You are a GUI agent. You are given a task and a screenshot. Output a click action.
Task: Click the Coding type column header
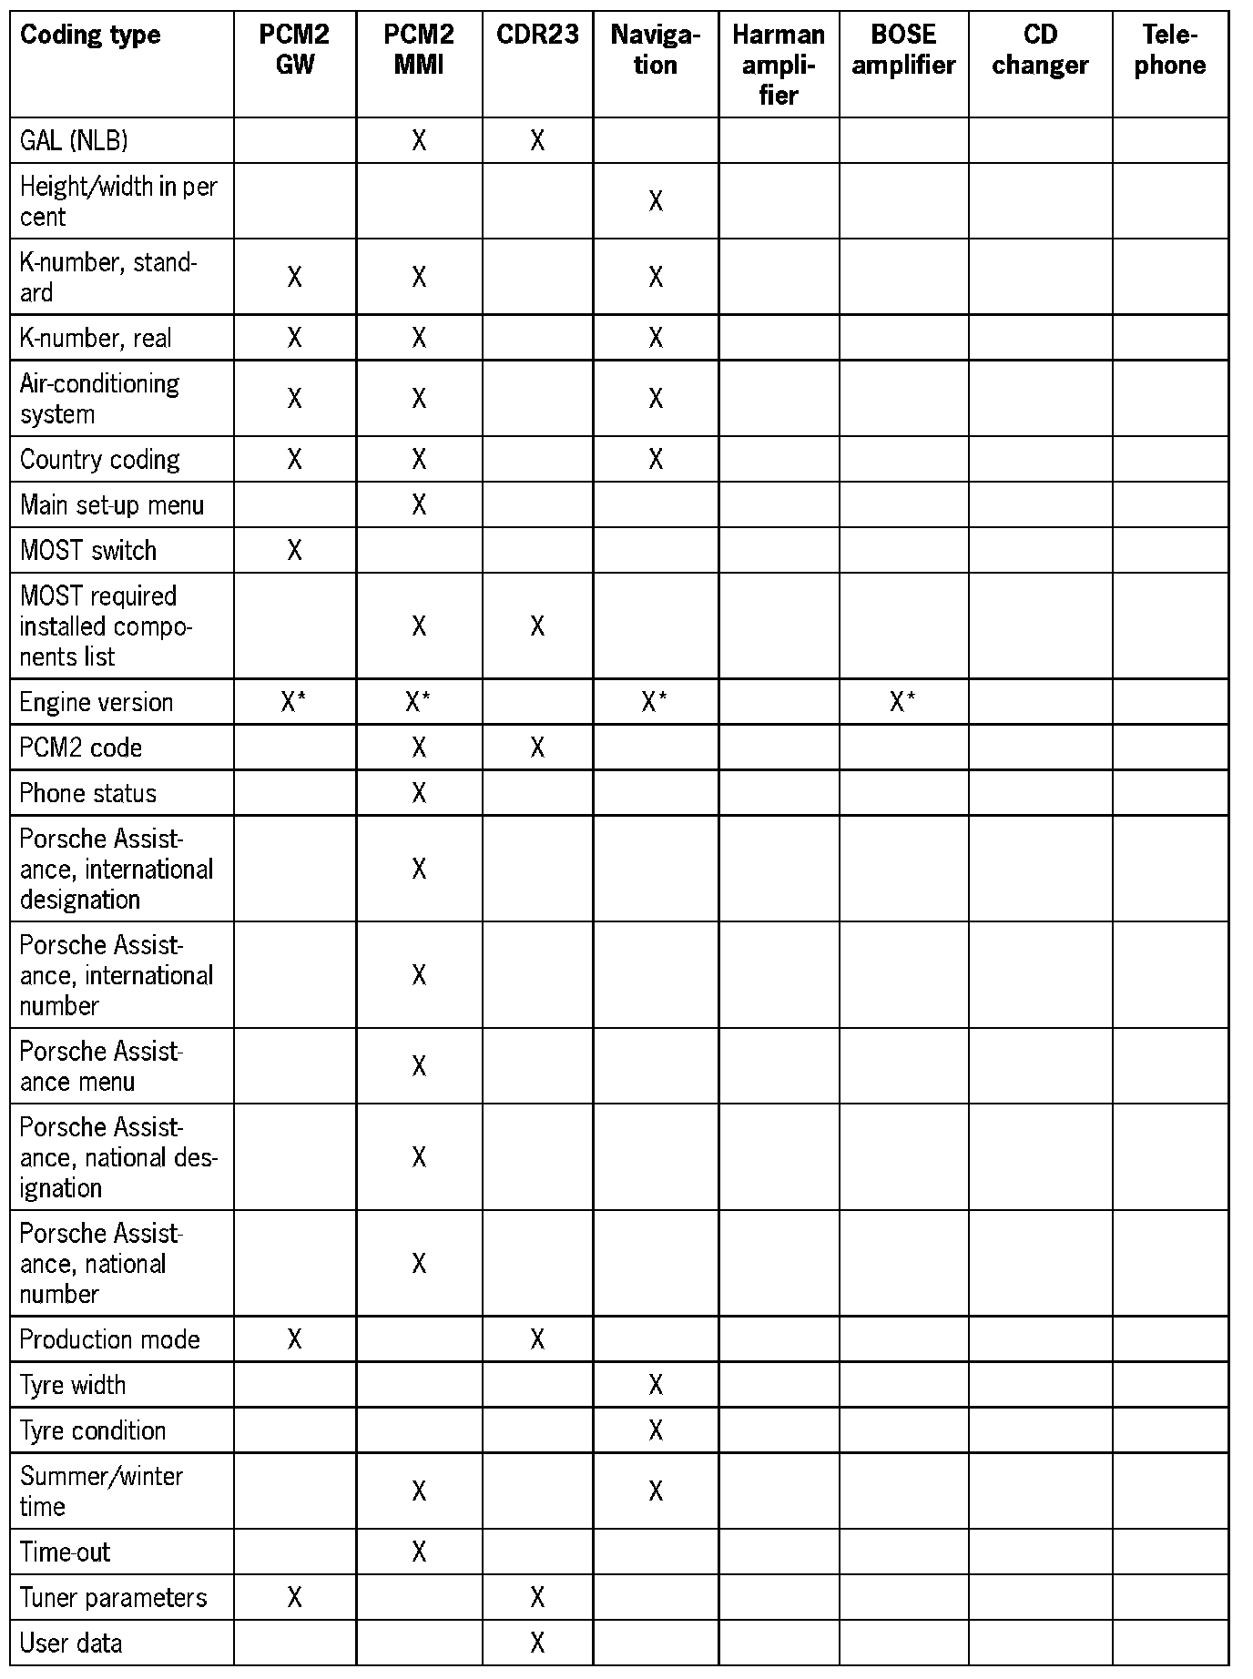(90, 36)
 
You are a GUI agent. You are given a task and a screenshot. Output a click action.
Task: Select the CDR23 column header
(537, 36)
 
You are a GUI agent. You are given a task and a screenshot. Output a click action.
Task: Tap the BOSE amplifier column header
(903, 50)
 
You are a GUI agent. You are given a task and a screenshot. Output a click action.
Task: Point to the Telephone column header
(1170, 50)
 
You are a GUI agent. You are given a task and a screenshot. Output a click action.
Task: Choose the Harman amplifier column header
(779, 65)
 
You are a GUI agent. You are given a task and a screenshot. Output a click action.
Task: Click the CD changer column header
(1040, 50)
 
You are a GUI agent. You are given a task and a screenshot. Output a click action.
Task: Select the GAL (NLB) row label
(74, 140)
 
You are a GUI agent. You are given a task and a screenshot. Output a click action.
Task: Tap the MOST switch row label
(88, 550)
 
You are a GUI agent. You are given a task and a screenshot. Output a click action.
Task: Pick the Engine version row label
(97, 702)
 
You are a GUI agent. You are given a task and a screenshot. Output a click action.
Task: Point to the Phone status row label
(88, 793)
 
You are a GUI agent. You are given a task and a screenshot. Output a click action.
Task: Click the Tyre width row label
(73, 1385)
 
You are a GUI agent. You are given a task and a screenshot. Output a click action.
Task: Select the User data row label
(71, 1643)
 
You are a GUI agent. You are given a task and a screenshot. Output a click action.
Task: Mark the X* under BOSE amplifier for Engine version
(902, 702)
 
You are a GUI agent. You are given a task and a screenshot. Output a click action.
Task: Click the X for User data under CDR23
(537, 1643)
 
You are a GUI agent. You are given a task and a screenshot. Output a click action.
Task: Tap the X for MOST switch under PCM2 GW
(294, 550)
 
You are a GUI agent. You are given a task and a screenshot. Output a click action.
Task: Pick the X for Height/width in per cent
(656, 201)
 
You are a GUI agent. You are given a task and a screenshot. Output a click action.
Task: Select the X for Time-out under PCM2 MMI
(419, 1552)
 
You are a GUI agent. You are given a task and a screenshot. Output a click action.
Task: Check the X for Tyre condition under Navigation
(656, 1430)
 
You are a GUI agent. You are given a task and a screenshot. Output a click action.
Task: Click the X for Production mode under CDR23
(537, 1339)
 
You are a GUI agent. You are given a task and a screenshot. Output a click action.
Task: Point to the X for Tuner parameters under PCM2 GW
(294, 1597)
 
